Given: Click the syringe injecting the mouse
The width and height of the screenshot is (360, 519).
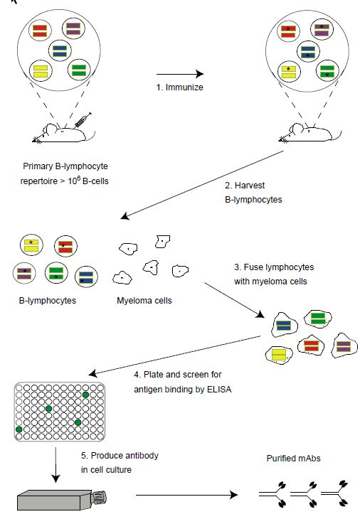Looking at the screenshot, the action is pos(83,120).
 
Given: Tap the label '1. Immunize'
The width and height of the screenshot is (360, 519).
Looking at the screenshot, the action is pos(180,87).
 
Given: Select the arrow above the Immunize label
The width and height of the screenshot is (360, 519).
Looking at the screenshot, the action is pos(180,74).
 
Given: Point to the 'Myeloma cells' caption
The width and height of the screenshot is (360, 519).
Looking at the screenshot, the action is pos(144,301).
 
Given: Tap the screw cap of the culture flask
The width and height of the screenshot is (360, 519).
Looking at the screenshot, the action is pos(99,497).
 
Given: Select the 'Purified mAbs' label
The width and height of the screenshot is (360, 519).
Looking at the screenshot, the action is pos(293,459).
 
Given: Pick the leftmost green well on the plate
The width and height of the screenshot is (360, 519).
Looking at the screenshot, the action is pos(19,429).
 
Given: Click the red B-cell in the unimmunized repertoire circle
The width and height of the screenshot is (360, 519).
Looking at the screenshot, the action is pos(40,31).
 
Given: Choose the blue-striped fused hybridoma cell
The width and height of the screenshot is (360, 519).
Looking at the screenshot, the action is pos(284,325).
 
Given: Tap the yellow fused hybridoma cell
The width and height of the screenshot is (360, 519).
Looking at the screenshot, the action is pos(279,355).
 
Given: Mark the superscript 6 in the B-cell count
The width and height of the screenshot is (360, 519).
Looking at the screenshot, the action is pos(79,178).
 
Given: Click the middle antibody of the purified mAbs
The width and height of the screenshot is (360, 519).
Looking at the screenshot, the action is pos(303,495).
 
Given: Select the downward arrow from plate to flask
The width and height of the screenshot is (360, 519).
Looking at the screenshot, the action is pos(55,465).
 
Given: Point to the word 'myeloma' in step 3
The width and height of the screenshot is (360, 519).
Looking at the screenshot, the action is pos(268,282).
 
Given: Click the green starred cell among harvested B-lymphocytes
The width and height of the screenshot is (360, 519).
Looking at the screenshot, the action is pos(56,273).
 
